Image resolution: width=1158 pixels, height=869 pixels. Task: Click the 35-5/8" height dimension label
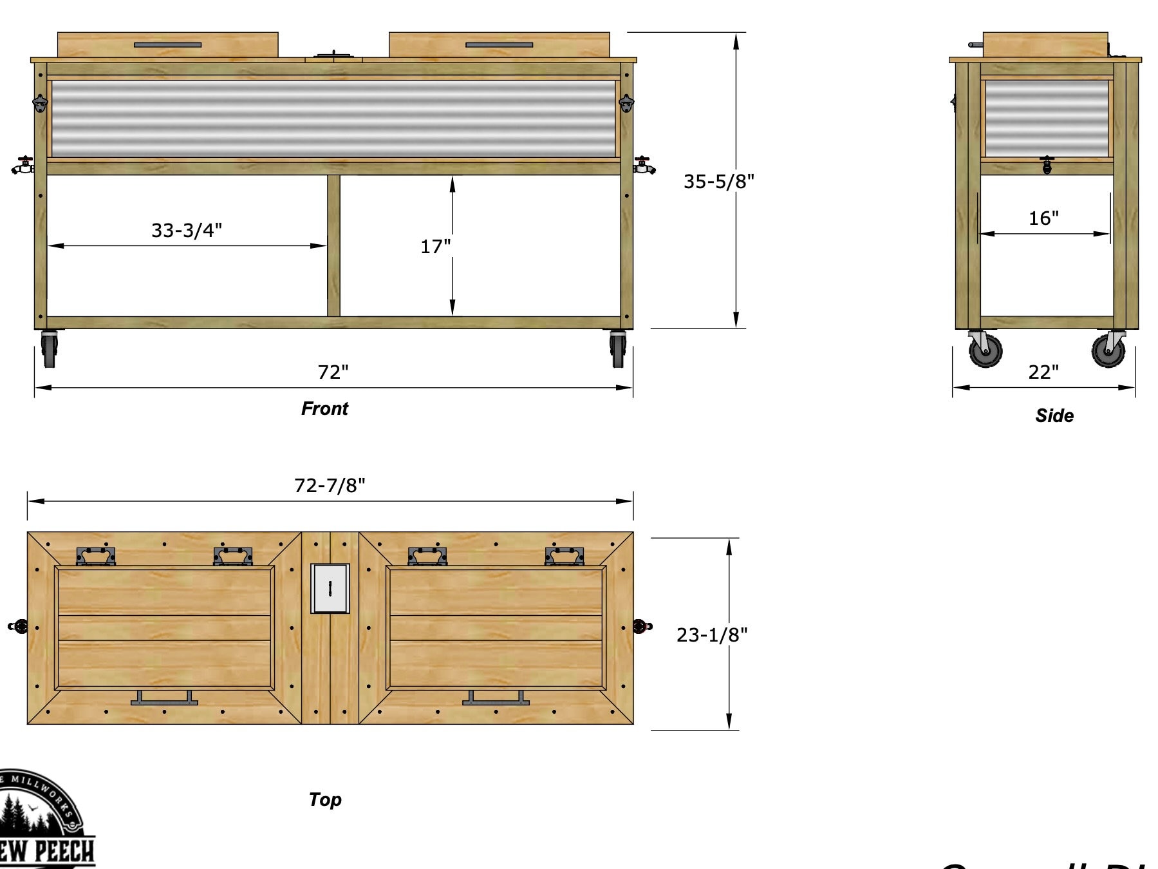click(718, 182)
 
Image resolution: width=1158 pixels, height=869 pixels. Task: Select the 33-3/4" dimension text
click(186, 230)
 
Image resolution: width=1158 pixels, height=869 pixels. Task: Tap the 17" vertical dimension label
click(435, 247)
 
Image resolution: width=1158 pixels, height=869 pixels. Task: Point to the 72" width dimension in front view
click(333, 372)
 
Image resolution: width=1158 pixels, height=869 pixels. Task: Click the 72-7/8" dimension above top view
click(330, 485)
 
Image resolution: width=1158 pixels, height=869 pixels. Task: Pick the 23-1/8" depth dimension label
click(711, 635)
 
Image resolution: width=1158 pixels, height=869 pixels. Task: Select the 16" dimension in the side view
click(1043, 218)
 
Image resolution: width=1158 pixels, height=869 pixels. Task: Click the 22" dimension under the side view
click(1043, 372)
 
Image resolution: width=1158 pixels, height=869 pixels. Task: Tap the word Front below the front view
click(324, 409)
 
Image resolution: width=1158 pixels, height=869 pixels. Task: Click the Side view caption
click(1054, 415)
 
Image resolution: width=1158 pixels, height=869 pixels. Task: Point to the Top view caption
click(325, 799)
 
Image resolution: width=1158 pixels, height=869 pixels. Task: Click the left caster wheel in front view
click(49, 349)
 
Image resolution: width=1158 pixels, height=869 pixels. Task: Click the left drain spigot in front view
click(23, 166)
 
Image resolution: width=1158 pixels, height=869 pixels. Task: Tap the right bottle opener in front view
click(626, 103)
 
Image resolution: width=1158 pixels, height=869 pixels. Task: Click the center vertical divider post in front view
click(333, 245)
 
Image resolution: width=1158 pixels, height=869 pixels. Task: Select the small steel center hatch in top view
click(330, 588)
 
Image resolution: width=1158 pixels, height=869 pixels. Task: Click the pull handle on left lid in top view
click(164, 699)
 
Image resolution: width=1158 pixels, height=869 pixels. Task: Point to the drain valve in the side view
click(1047, 164)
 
